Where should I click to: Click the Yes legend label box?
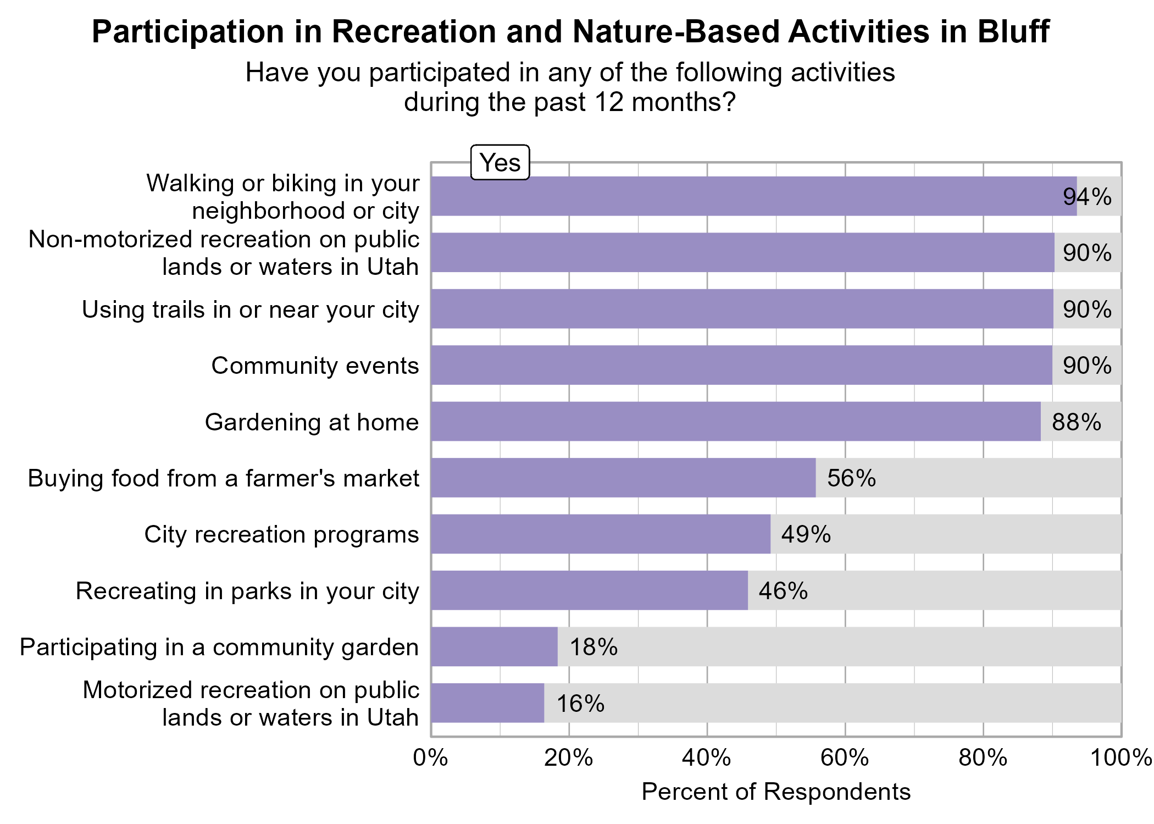500,163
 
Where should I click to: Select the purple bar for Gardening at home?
735,422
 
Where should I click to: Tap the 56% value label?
851,478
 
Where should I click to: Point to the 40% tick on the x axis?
706,758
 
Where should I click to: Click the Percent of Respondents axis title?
775,792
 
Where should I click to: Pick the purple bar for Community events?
741,366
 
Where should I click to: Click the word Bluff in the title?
1013,32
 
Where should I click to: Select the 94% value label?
1086,197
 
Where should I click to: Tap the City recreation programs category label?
281,535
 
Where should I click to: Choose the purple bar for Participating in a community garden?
493,647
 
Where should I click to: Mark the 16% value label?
580,704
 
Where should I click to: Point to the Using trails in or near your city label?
250,310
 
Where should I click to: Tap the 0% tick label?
430,758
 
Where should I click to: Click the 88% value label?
1076,422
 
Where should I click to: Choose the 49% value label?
806,535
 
